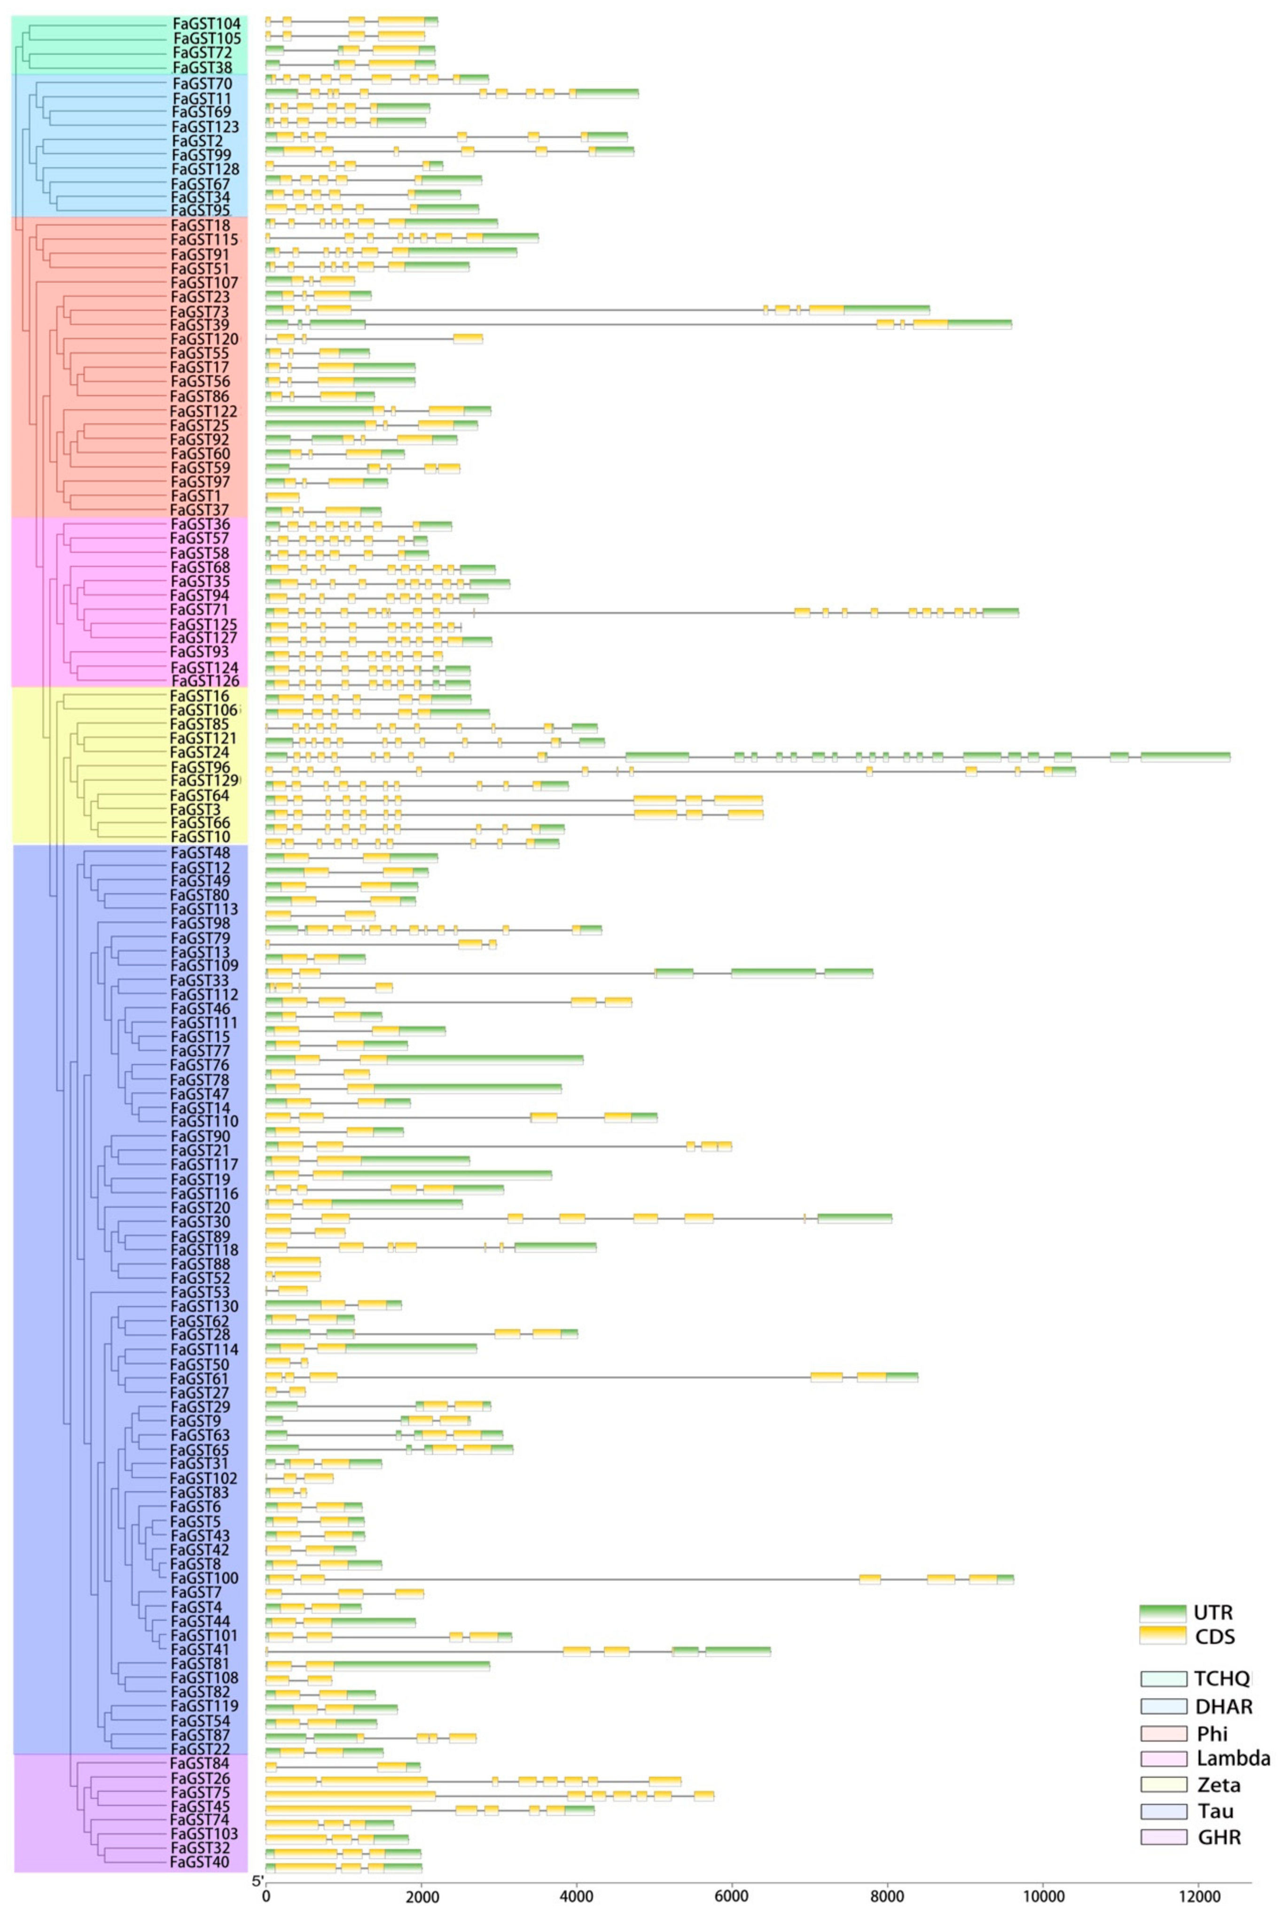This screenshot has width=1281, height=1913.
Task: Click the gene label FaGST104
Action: pyautogui.click(x=206, y=24)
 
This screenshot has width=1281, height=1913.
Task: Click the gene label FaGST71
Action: pyautogui.click(x=199, y=610)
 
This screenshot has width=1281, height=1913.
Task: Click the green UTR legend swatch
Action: pyautogui.click(x=1163, y=1612)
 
